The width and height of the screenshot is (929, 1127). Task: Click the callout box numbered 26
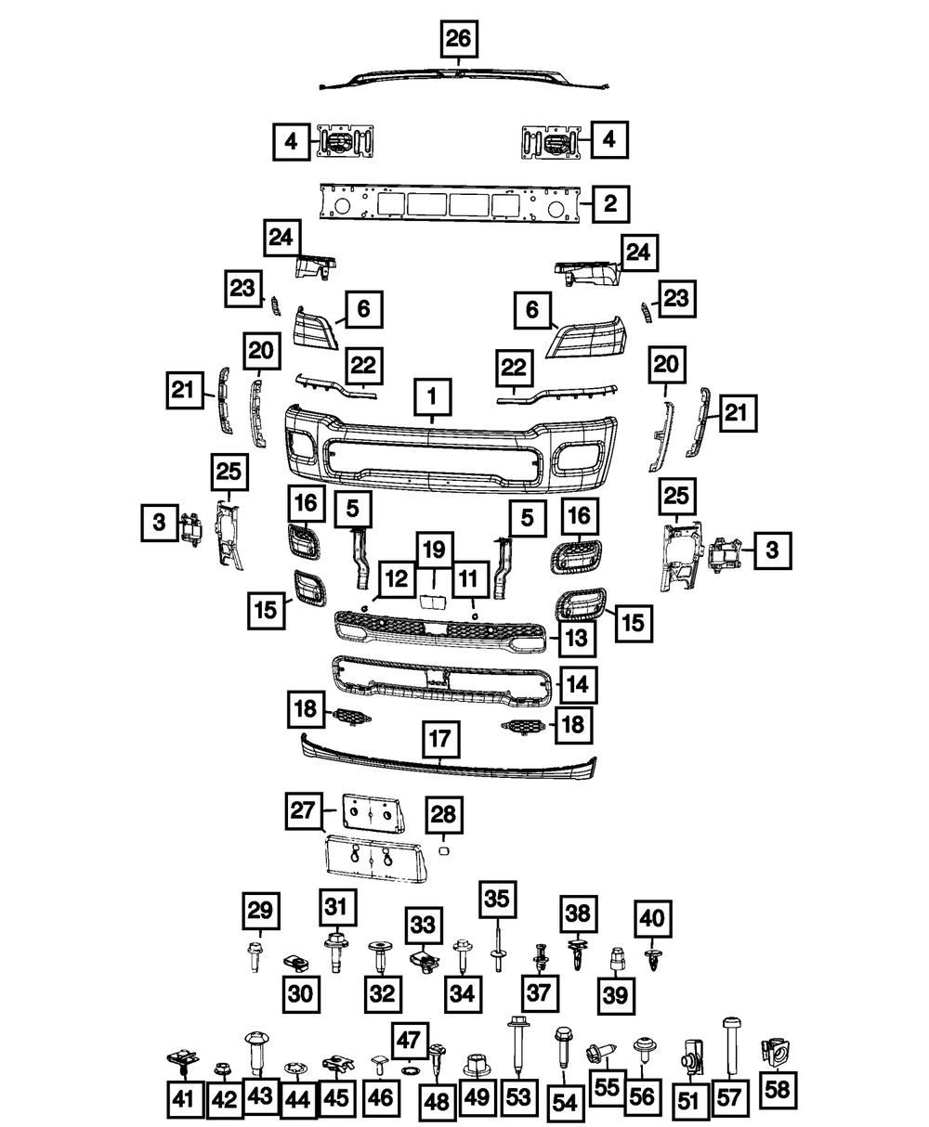[x=459, y=39]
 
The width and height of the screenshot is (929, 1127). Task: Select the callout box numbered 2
[x=610, y=203]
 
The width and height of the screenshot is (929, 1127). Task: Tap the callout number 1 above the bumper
[x=433, y=396]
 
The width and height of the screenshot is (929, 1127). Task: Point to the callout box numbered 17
[x=440, y=739]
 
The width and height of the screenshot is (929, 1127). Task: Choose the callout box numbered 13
[x=577, y=638]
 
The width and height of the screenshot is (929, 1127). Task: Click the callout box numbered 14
[x=578, y=684]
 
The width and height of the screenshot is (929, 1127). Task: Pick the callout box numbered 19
[x=434, y=551]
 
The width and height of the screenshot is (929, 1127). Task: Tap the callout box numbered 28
[x=443, y=814]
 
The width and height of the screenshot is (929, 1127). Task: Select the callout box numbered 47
[x=410, y=1039]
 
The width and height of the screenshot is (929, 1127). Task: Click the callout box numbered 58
[x=778, y=1089]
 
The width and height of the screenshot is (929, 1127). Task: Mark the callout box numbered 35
[x=497, y=900]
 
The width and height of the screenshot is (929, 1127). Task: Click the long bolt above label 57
[x=732, y=1048]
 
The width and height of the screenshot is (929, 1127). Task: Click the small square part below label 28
[x=443, y=850]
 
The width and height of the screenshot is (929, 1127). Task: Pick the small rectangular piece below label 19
[x=434, y=602]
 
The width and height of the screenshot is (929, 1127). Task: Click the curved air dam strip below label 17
[x=449, y=758]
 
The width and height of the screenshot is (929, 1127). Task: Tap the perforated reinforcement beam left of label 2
[x=450, y=202]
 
